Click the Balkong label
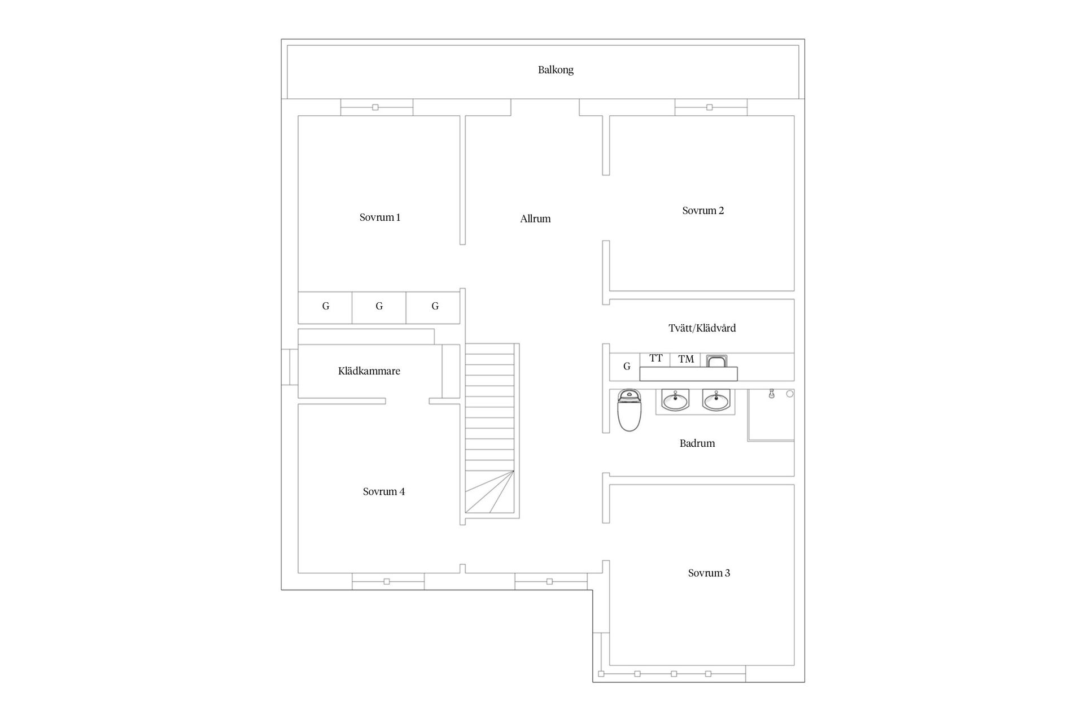click(556, 70)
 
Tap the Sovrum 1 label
click(379, 217)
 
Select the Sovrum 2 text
click(703, 211)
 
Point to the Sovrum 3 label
click(709, 573)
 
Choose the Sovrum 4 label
click(383, 491)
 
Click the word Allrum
click(535, 219)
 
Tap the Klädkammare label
click(369, 371)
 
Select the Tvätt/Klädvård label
click(702, 328)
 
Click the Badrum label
click(697, 443)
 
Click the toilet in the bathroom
click(629, 410)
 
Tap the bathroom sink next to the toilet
click(675, 401)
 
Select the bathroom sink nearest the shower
click(716, 401)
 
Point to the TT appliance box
click(655, 359)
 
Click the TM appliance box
click(685, 359)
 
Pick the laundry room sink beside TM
click(716, 361)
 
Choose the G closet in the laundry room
click(626, 367)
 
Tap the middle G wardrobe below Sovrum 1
click(379, 307)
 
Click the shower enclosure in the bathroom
click(771, 415)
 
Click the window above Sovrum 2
click(710, 107)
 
